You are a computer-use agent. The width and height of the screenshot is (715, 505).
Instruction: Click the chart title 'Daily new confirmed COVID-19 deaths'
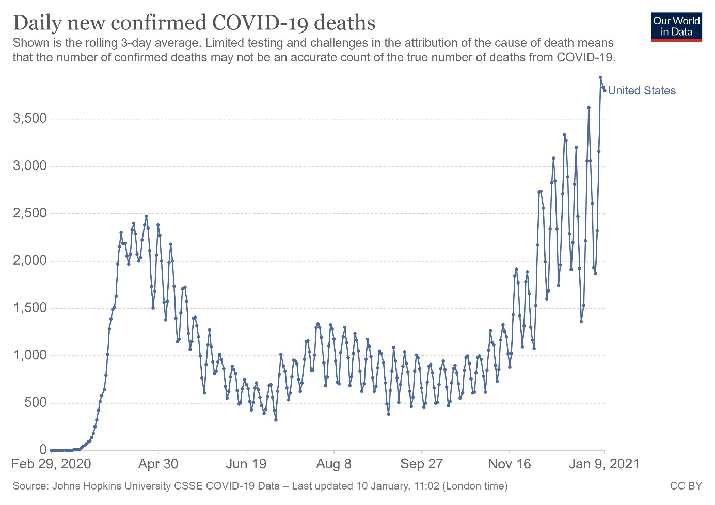click(x=194, y=23)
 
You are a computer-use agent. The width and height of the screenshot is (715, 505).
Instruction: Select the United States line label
click(x=642, y=91)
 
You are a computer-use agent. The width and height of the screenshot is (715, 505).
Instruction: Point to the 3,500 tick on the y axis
click(x=30, y=119)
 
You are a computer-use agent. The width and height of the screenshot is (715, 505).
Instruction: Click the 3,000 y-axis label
click(x=30, y=166)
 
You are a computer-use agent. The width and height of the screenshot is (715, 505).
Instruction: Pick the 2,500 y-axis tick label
click(x=30, y=213)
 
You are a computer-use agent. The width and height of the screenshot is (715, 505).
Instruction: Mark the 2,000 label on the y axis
click(x=30, y=260)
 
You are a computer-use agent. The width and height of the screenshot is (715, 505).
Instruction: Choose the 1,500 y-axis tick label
click(x=30, y=308)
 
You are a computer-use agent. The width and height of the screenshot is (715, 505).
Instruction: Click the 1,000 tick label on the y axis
click(x=30, y=355)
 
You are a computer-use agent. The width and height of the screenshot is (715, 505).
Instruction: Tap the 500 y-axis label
click(x=36, y=402)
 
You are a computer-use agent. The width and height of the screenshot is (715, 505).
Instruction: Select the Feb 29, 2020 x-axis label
click(x=51, y=464)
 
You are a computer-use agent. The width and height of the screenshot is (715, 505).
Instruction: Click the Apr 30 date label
click(x=158, y=464)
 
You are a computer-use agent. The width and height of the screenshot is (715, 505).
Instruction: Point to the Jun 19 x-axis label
click(x=246, y=464)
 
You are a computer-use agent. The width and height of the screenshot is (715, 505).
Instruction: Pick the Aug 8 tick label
click(x=333, y=464)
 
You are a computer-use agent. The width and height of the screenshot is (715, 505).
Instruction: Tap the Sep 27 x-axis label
click(x=421, y=464)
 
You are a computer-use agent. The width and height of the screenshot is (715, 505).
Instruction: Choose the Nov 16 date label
click(x=509, y=464)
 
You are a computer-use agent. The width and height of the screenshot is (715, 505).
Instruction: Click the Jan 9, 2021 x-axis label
click(x=603, y=464)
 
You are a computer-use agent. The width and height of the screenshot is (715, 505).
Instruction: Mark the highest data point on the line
click(x=600, y=77)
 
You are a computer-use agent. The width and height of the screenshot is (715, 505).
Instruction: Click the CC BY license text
click(x=686, y=486)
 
